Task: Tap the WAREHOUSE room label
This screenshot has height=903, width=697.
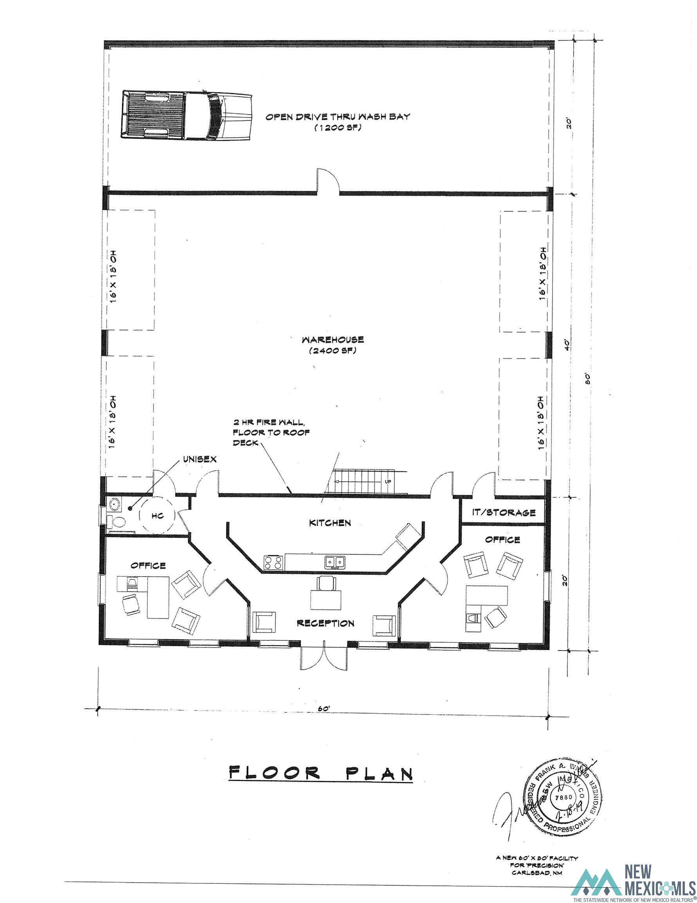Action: (x=332, y=340)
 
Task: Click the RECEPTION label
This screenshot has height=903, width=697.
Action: (x=325, y=623)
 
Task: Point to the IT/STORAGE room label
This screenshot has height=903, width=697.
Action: (x=504, y=513)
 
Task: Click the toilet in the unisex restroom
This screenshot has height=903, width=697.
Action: (x=117, y=522)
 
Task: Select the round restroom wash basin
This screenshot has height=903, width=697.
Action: (x=114, y=504)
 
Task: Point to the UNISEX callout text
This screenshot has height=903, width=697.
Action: (x=200, y=459)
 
